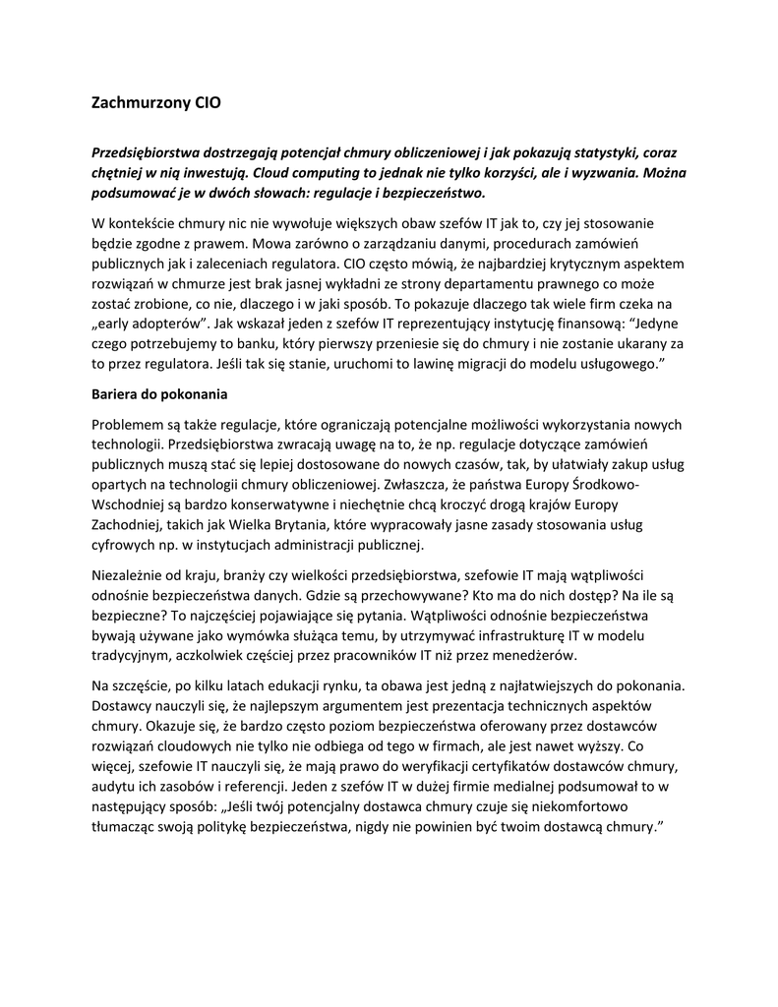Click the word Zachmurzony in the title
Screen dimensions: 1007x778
pyautogui.click(x=136, y=101)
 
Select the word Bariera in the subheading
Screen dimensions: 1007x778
pyautogui.click(x=117, y=394)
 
